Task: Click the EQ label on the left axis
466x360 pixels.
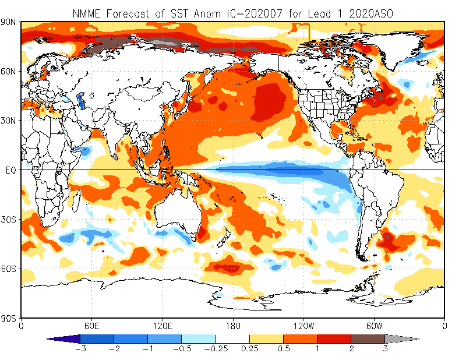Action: (11, 170)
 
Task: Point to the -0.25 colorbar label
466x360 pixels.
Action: (215, 348)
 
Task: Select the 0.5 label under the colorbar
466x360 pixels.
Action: (283, 348)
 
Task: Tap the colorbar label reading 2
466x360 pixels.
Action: (351, 348)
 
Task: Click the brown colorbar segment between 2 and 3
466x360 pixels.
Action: (368, 338)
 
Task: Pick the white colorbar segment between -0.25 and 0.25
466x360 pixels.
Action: (232, 338)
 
